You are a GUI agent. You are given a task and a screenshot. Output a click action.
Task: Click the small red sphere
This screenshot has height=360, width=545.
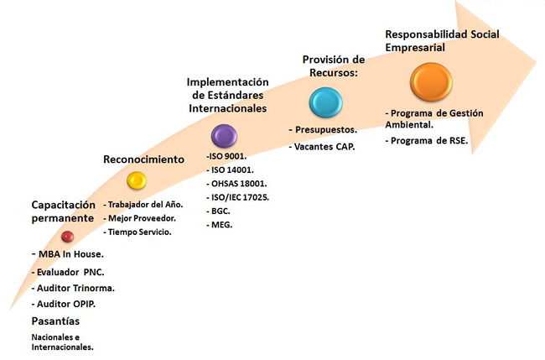(x=67, y=237)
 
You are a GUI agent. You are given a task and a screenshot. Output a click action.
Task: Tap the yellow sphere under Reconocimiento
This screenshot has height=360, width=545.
(x=137, y=180)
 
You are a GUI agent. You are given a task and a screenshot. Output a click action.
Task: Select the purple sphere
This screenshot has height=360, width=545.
(x=224, y=136)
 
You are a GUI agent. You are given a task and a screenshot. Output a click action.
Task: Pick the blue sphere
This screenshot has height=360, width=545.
(x=325, y=102)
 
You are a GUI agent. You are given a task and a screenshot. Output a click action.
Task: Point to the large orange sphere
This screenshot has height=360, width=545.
(x=431, y=81)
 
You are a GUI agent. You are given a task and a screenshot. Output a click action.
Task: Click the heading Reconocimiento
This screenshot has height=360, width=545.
(x=144, y=159)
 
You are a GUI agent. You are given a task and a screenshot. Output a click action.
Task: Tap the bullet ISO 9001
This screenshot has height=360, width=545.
(x=226, y=156)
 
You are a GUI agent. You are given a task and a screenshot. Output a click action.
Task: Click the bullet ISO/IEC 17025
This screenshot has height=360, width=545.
(x=238, y=197)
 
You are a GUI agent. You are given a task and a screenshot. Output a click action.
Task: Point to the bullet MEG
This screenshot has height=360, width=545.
(x=220, y=225)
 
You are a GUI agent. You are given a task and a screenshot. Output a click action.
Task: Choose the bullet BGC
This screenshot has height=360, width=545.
(x=218, y=211)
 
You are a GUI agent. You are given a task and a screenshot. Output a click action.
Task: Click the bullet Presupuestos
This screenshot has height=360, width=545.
(x=324, y=130)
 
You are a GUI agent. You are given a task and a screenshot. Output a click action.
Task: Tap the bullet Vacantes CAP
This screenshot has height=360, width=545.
(x=322, y=147)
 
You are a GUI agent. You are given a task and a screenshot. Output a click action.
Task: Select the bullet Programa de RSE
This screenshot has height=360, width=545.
(x=427, y=140)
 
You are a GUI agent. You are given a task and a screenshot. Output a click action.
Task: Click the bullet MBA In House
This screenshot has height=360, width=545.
(x=68, y=254)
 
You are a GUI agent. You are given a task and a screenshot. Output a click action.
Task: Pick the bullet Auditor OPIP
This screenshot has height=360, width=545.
(x=64, y=304)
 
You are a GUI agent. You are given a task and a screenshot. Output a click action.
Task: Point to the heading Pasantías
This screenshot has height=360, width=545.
(x=55, y=321)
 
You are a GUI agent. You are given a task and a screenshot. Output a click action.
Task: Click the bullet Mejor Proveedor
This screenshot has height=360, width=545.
(x=139, y=218)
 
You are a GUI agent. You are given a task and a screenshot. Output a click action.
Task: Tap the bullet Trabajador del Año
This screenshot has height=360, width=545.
(x=143, y=205)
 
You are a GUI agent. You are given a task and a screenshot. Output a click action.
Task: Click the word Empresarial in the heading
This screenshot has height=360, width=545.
(x=415, y=47)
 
